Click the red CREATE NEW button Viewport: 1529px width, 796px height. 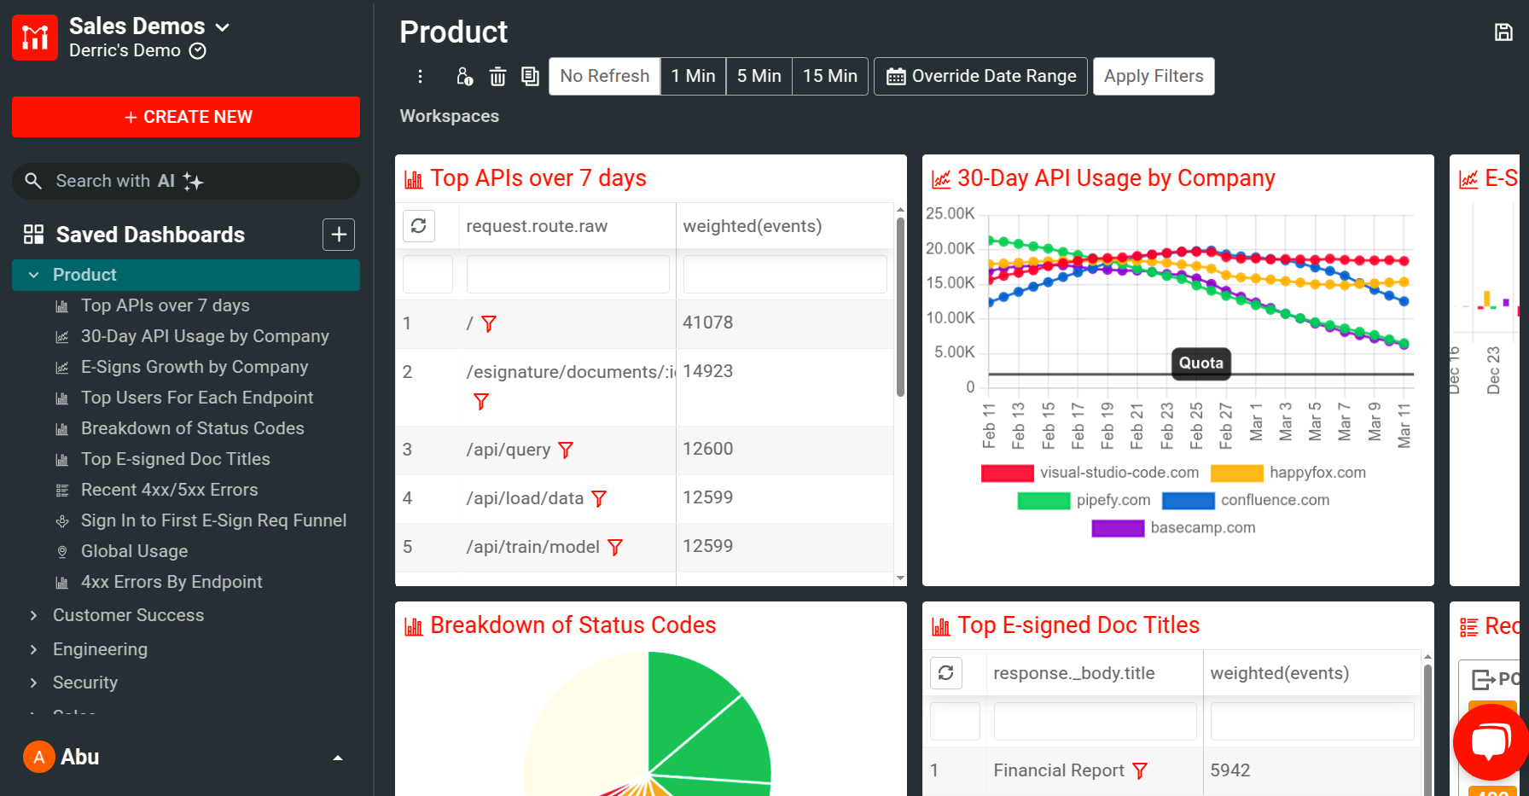click(186, 117)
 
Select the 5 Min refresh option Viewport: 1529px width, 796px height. click(759, 76)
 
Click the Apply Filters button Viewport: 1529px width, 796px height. click(1153, 76)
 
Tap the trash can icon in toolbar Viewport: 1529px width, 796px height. click(497, 77)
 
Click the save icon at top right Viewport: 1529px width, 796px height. click(1503, 32)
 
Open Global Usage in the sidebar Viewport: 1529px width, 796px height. click(134, 551)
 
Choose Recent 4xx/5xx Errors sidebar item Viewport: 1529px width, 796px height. click(169, 490)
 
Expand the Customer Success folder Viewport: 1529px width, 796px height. click(128, 615)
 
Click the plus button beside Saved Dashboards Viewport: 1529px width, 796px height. click(339, 235)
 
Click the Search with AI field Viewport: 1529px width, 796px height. click(186, 181)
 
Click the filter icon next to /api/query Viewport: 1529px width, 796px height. click(566, 450)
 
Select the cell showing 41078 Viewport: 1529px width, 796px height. click(707, 322)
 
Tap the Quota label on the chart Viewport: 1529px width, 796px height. click(1201, 363)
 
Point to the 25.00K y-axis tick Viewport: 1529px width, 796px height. click(950, 213)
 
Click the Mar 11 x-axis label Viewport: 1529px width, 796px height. click(1404, 425)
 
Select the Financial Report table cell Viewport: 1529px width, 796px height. click(1058, 770)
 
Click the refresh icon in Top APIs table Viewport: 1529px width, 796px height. click(419, 226)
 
